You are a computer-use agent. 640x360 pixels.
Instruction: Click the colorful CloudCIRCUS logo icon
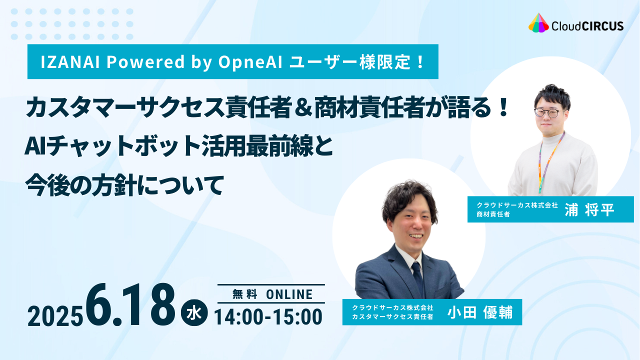[538, 22]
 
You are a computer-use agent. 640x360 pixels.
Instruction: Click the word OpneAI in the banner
[250, 61]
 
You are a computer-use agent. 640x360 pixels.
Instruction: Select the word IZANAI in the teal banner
[70, 61]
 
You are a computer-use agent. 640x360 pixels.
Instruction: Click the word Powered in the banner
[145, 61]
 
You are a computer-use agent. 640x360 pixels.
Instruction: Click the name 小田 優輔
[480, 312]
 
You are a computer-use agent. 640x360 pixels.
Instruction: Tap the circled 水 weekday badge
[194, 312]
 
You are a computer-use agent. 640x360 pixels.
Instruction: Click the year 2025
[55, 317]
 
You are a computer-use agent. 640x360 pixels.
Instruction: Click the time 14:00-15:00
[268, 317]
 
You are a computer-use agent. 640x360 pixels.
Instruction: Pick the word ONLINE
[289, 294]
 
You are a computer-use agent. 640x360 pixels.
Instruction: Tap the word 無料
[245, 294]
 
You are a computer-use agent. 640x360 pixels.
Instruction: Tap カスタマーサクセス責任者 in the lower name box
[392, 316]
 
